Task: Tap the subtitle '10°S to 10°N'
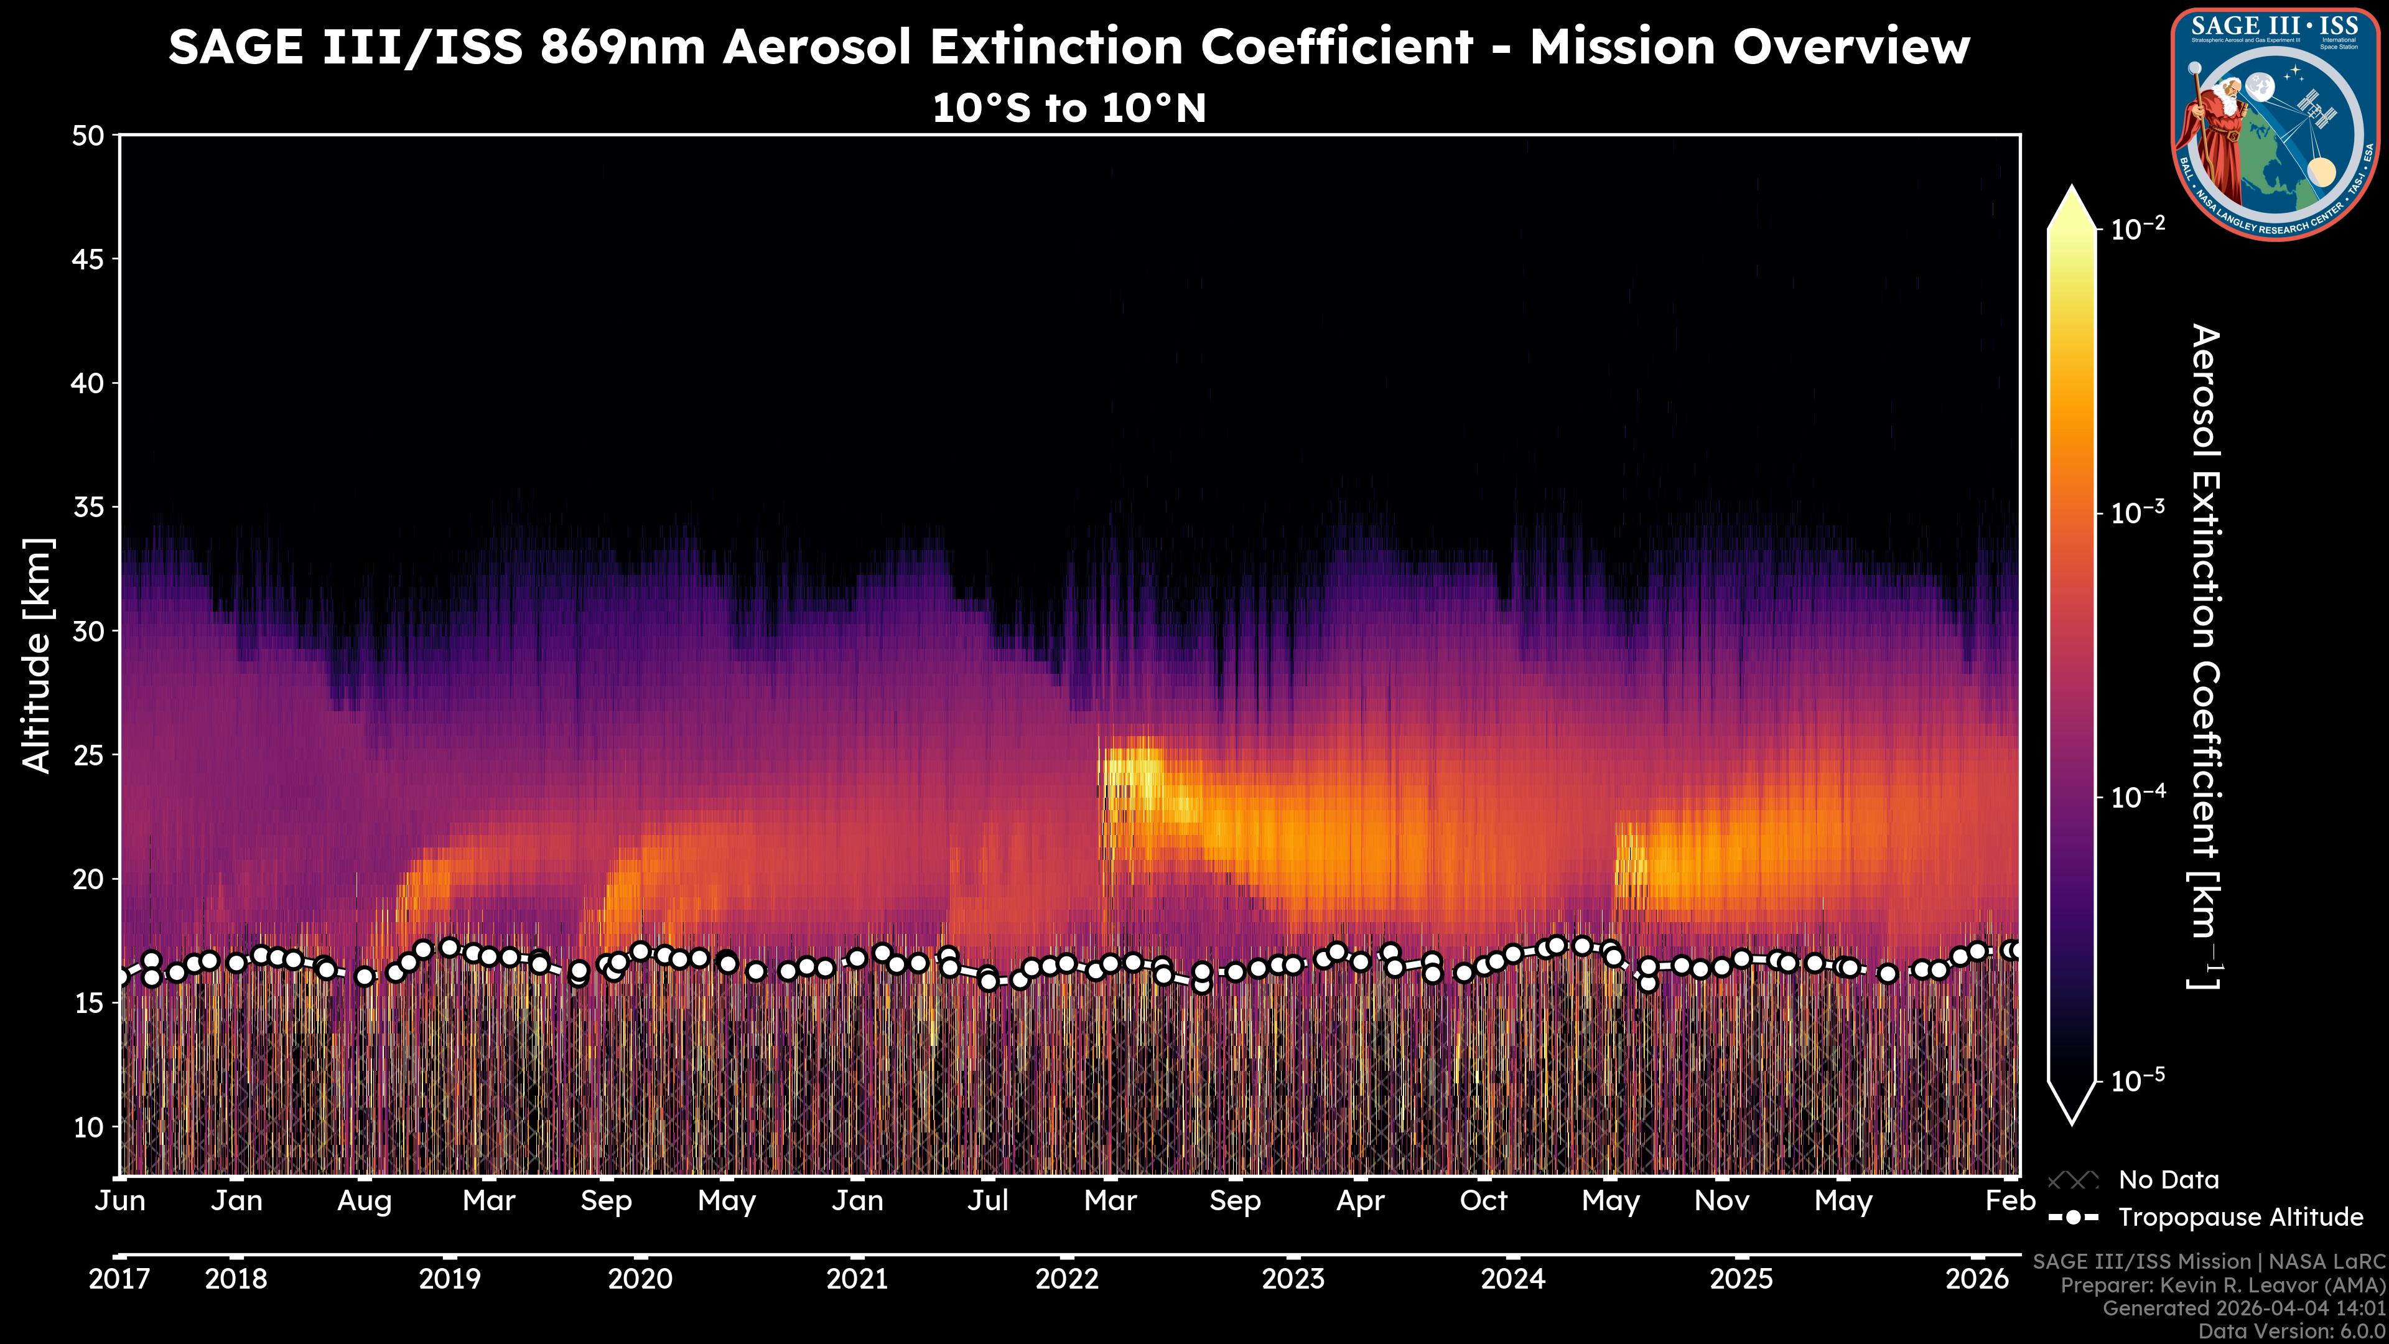[x=1068, y=108]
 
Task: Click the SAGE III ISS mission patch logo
[x=2276, y=124]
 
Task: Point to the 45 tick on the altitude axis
[x=88, y=259]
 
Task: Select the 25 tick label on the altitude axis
[x=88, y=755]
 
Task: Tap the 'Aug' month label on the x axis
[x=365, y=1201]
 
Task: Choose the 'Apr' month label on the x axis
[x=1361, y=1201]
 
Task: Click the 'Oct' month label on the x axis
[x=1484, y=1201]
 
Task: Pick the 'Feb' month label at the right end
[x=2009, y=1201]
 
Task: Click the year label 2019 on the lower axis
[x=450, y=1279]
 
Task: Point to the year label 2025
[x=1741, y=1279]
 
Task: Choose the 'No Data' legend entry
[x=2168, y=1180]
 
